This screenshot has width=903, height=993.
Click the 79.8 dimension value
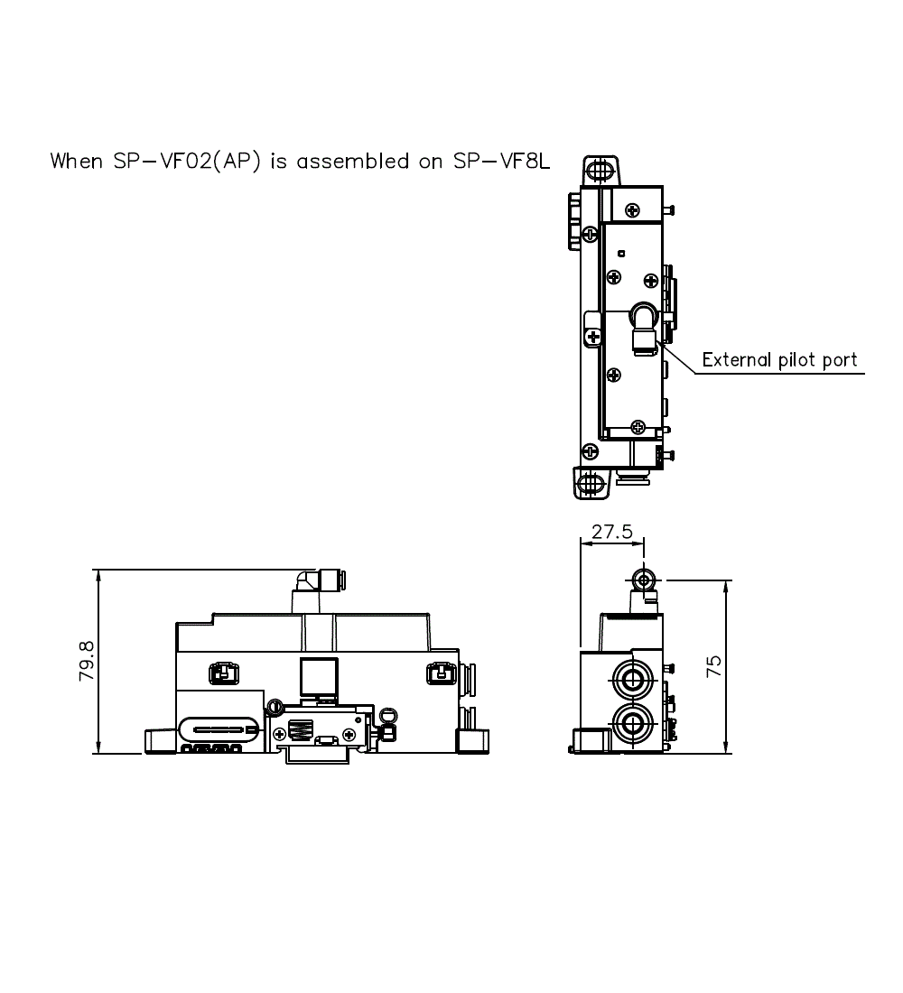click(88, 661)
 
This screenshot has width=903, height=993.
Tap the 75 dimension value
click(714, 665)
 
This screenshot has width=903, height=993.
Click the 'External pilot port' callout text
click(779, 360)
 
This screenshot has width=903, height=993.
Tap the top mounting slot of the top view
click(597, 170)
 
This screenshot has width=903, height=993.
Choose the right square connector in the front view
click(439, 673)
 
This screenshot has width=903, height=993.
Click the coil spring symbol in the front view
click(301, 728)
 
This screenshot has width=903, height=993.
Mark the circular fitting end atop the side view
click(644, 579)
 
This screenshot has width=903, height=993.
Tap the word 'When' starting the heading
click(77, 162)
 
